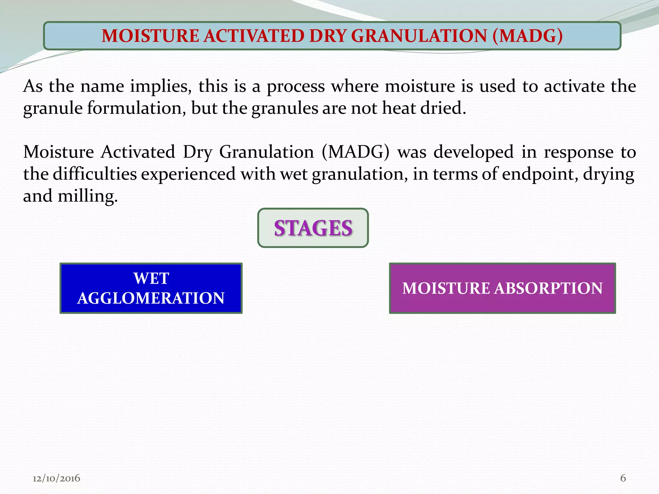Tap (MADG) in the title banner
click(x=527, y=36)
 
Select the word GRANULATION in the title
click(x=419, y=36)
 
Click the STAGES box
click(x=313, y=228)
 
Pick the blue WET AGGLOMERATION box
click(x=151, y=288)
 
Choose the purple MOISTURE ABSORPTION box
click(x=502, y=288)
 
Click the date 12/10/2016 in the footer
click(x=56, y=478)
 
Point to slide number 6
click(x=623, y=478)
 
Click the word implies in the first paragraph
click(x=161, y=87)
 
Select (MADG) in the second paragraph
click(x=355, y=152)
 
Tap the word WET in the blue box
click(x=151, y=278)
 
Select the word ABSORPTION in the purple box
click(x=548, y=288)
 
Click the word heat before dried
click(x=399, y=108)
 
